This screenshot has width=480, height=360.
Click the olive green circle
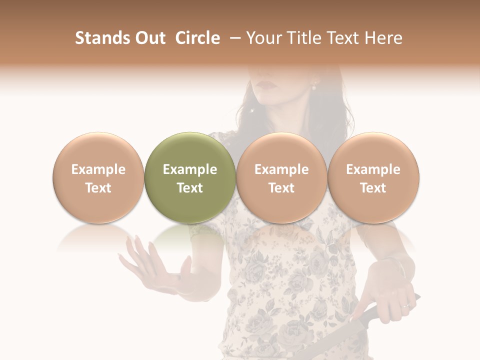click(x=190, y=177)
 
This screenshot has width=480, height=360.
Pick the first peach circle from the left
click(x=98, y=177)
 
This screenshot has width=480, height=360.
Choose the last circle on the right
click(x=373, y=177)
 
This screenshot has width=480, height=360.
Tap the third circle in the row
click(x=281, y=177)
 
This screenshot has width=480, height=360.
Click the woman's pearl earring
click(x=314, y=86)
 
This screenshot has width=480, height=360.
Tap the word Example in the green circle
click(x=190, y=169)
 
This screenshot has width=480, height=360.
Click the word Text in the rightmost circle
click(x=373, y=187)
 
